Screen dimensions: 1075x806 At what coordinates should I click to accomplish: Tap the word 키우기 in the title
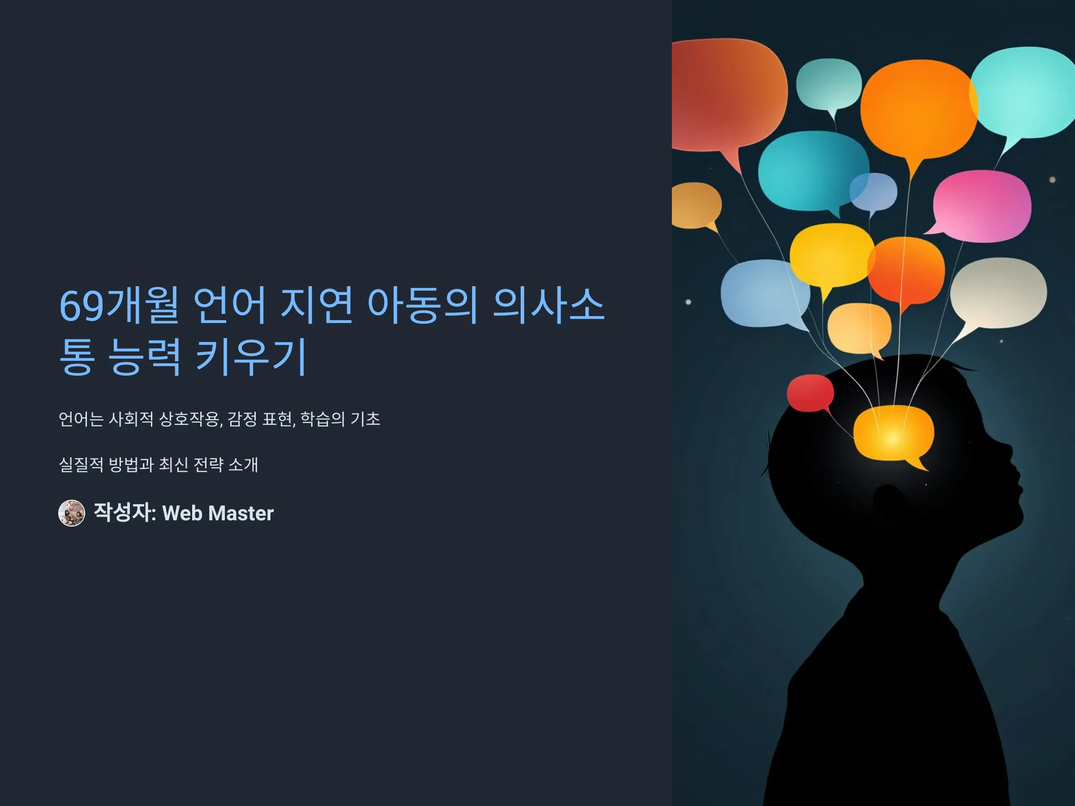[251, 356]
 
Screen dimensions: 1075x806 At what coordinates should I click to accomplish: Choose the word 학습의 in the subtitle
[322, 419]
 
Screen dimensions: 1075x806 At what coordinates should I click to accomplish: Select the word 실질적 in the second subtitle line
[81, 464]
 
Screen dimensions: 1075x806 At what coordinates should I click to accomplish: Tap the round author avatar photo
[71, 513]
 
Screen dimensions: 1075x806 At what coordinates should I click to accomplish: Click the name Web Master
[218, 514]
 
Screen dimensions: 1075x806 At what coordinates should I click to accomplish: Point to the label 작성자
[123, 513]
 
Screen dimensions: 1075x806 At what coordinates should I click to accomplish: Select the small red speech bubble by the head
[810, 393]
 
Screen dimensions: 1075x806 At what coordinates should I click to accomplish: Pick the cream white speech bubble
[998, 293]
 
